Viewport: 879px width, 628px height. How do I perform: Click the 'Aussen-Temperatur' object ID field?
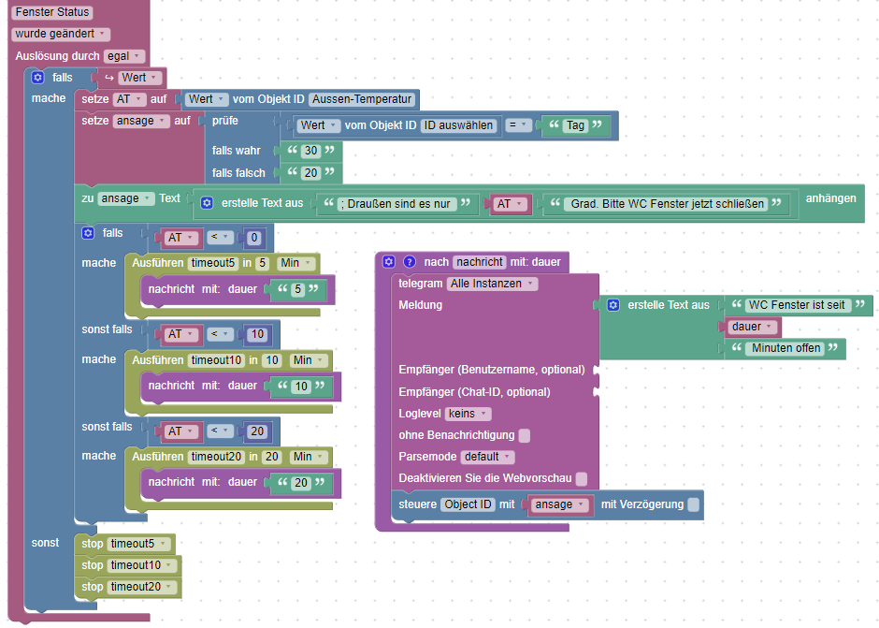pos(362,99)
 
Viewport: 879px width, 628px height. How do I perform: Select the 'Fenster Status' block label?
pos(52,13)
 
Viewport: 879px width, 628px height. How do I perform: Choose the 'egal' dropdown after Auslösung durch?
pos(123,56)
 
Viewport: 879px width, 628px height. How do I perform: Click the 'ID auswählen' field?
pos(458,125)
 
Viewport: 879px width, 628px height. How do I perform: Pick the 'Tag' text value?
pos(576,125)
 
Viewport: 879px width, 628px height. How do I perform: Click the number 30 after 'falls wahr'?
pos(311,151)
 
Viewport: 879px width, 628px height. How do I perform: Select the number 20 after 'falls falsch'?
pos(311,173)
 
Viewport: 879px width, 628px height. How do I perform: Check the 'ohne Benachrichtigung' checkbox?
pos(525,435)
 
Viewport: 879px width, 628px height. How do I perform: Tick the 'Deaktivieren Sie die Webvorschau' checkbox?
pos(582,478)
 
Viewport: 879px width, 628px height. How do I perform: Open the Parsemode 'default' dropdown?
pos(487,457)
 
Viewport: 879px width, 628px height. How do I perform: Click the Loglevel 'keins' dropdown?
pos(468,414)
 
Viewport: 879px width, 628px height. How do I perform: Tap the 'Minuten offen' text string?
pos(785,348)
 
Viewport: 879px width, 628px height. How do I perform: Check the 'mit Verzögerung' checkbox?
pos(693,504)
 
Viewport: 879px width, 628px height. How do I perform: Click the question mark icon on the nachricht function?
pos(409,262)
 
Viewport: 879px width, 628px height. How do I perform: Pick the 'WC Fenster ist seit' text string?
pos(797,305)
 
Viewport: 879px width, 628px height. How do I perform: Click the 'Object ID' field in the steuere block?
pos(468,504)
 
